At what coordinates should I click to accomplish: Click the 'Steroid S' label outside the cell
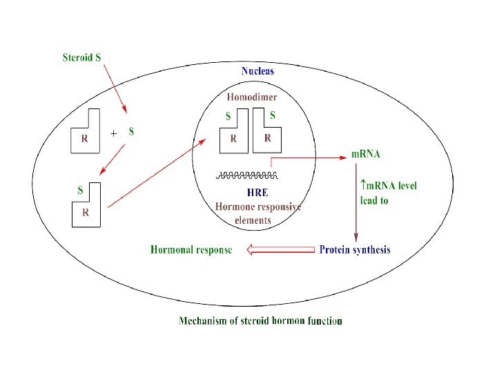(82, 57)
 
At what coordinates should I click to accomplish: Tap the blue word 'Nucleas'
(257, 71)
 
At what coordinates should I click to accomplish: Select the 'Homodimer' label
(252, 97)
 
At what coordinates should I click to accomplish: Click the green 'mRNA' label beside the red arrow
(366, 153)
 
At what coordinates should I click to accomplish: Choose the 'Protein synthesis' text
(354, 249)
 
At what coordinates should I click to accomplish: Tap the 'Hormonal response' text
(191, 249)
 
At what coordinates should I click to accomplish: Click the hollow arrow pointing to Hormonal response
(280, 250)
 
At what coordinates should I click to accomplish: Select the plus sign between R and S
(113, 134)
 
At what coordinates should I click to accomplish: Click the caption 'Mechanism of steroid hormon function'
(260, 321)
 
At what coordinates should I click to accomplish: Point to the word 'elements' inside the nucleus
(253, 220)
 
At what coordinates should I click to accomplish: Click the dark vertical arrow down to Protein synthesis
(355, 207)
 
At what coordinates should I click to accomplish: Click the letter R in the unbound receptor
(84, 138)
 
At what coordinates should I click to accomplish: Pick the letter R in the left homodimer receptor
(233, 138)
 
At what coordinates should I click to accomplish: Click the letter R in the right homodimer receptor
(268, 138)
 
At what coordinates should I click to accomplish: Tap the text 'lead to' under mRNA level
(374, 201)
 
